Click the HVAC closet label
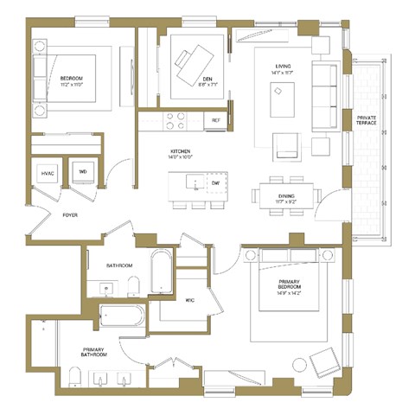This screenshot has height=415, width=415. pyautogui.click(x=48, y=174)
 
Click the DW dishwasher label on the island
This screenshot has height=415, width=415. pyautogui.click(x=215, y=183)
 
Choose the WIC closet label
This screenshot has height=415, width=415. pyautogui.click(x=190, y=300)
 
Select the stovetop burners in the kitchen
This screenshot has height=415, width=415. pyautogui.click(x=176, y=122)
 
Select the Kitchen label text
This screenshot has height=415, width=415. pyautogui.click(x=181, y=154)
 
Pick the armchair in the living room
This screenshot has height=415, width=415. pyautogui.click(x=285, y=145)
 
